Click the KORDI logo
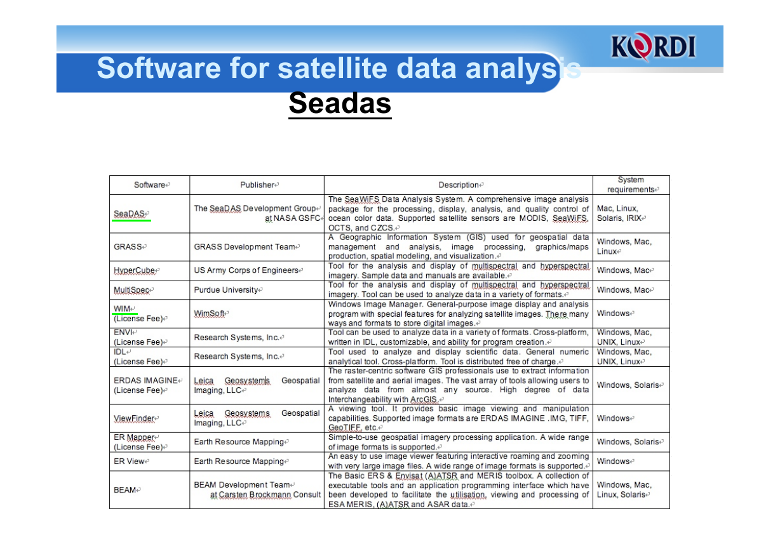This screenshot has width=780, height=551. tap(653, 46)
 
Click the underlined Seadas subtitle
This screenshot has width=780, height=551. tap(340, 103)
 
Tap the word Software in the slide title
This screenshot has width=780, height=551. tap(159, 68)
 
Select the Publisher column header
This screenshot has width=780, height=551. tap(259, 185)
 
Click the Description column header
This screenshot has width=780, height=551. tap(461, 185)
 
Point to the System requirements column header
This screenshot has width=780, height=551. tap(631, 185)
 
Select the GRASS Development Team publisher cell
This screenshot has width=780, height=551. tap(246, 247)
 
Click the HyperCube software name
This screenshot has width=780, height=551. tap(136, 270)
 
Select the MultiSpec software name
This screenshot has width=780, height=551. tap(133, 290)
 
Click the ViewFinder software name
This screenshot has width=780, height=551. tap(136, 418)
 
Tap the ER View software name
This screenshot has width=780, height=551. tap(131, 461)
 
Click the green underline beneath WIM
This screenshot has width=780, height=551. tap(125, 314)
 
